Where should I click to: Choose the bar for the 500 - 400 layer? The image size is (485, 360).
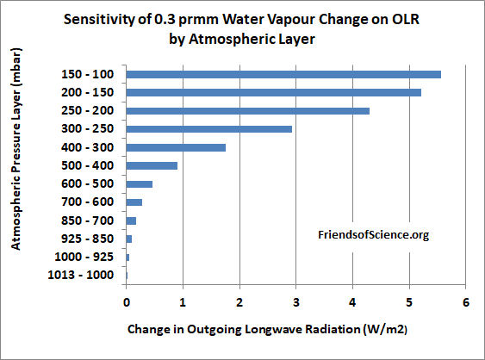point(152,165)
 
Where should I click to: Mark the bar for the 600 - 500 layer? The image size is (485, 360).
point(140,183)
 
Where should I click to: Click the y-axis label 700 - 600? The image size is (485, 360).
point(90,202)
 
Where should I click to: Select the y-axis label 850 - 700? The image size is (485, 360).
point(90,220)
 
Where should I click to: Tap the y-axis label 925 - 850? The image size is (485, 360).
point(90,239)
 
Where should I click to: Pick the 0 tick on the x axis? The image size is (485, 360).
point(127,301)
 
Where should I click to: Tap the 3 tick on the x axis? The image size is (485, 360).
point(296,301)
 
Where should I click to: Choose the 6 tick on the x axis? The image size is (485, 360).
point(465,301)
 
